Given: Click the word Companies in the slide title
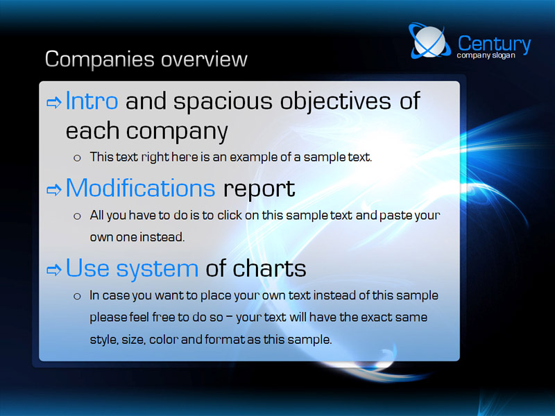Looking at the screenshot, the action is point(99,60).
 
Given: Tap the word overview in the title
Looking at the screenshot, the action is point(204,59).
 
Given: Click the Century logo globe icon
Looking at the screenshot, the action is point(429,41).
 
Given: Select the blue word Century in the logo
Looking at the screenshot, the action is point(494,44).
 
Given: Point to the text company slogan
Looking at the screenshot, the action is point(486,55).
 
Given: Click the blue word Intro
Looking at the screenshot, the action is point(92,101).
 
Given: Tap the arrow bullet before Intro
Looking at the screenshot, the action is point(54,103).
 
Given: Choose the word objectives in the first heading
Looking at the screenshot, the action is point(336,102).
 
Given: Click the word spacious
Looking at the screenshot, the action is point(223,102).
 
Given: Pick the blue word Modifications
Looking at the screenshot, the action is point(141,188).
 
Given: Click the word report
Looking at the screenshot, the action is point(259,189).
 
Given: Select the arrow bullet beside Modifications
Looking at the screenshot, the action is point(54,190).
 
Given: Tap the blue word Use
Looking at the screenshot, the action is point(87,268).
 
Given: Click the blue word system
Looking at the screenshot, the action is point(157,270).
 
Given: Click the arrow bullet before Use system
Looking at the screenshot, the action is point(54,270).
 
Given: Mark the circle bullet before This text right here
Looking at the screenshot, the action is point(77,158).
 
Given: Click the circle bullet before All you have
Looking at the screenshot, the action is point(77,216).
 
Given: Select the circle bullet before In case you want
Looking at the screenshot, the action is point(77,297).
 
